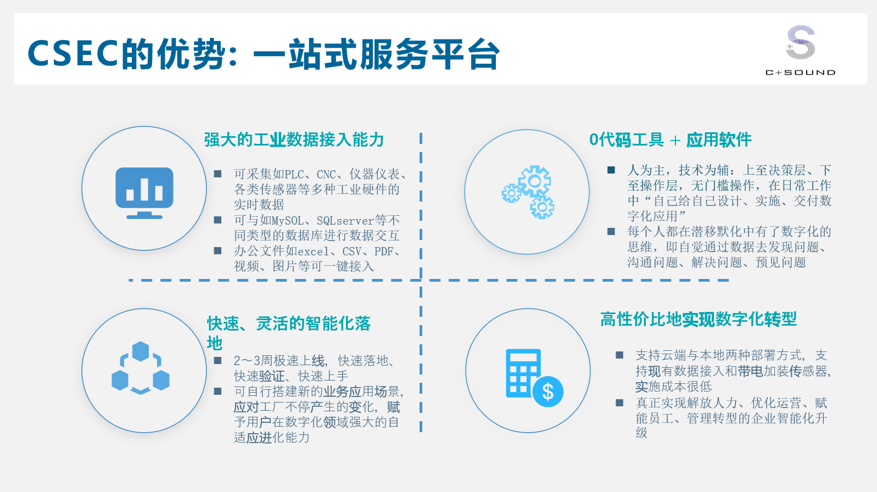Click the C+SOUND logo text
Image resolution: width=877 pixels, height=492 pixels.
coord(800,72)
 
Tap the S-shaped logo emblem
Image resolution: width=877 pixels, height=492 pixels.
coord(800,42)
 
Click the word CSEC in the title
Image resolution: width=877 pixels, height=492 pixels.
coord(73,53)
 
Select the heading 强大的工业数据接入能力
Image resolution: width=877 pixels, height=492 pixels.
coord(294,139)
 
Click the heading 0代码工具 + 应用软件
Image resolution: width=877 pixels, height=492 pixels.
coord(671,139)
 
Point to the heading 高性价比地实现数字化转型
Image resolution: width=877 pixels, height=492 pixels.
coord(699,319)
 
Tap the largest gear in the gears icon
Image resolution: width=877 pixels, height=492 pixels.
coord(534,181)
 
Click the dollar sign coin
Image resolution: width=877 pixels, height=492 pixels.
coord(548,392)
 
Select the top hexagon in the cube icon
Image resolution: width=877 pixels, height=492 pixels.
coord(140,351)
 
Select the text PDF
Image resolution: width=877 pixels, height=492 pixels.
coord(384,251)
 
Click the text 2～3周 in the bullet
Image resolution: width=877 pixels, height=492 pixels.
coord(253,360)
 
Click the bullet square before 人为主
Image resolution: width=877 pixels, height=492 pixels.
coord(611,170)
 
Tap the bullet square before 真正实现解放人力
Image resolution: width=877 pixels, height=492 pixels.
coord(619,402)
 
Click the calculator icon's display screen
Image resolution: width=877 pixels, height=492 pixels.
coord(523,358)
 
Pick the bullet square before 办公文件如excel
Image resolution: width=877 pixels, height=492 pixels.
coord(217,250)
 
